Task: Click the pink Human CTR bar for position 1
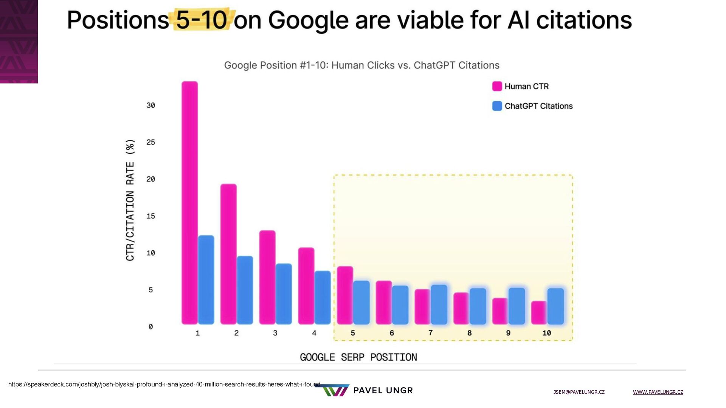(189, 202)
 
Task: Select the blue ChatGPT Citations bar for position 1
(206, 280)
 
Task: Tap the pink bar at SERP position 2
(228, 254)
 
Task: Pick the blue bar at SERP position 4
(323, 297)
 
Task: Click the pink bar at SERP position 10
(538, 312)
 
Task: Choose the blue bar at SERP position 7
(439, 304)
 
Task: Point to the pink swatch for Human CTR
(497, 86)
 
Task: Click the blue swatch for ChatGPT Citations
(497, 106)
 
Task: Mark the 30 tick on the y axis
(150, 105)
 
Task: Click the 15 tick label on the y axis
(150, 216)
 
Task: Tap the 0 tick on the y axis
(150, 327)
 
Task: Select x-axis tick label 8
(469, 333)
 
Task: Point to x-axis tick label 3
(275, 333)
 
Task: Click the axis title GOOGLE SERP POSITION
(358, 357)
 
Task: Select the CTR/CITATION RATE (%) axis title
(130, 200)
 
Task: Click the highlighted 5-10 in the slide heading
(202, 20)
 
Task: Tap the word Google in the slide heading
(308, 20)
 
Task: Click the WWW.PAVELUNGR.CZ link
(658, 392)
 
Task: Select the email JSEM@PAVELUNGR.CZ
(579, 392)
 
